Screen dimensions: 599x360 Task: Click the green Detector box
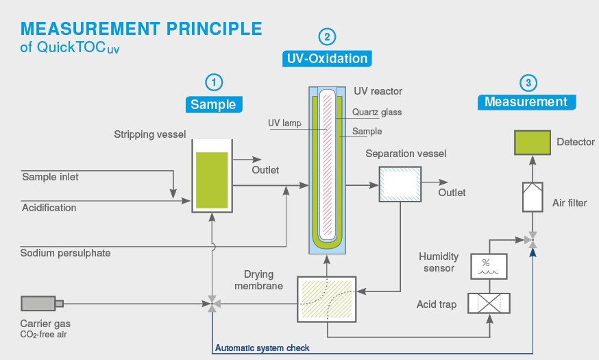pyautogui.click(x=532, y=143)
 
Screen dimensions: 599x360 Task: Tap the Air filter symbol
pyautogui.click(x=533, y=197)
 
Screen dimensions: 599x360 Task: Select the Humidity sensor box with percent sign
pyautogui.click(x=489, y=266)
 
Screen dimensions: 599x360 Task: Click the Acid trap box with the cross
pyautogui.click(x=489, y=304)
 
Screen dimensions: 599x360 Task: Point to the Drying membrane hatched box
pyautogui.click(x=327, y=299)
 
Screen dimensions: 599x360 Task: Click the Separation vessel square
pyautogui.click(x=400, y=184)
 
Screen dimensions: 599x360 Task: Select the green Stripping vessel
pyautogui.click(x=212, y=176)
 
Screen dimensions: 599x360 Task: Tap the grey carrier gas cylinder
pyautogui.click(x=42, y=304)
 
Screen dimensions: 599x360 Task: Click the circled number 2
pyautogui.click(x=327, y=37)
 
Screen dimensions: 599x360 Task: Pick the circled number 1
pyautogui.click(x=214, y=82)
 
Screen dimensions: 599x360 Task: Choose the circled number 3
pyautogui.click(x=528, y=82)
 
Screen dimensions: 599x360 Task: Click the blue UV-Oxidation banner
pyautogui.click(x=327, y=58)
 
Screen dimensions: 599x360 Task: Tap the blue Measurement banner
pyautogui.click(x=526, y=102)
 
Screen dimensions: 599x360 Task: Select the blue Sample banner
pyautogui.click(x=214, y=104)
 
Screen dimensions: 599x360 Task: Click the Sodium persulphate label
pyautogui.click(x=65, y=253)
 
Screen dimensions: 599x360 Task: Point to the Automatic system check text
pyautogui.click(x=262, y=348)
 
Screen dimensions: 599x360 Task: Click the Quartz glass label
pyautogui.click(x=377, y=112)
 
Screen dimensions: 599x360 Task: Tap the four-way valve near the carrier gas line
pyautogui.click(x=212, y=304)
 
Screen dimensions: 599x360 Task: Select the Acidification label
pyautogui.click(x=49, y=208)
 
